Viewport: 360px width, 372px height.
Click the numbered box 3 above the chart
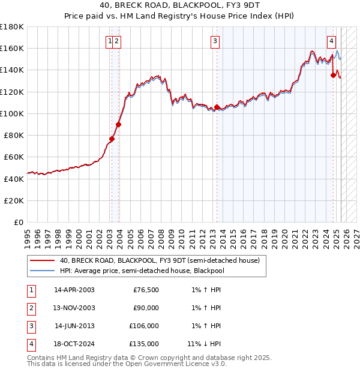(215, 41)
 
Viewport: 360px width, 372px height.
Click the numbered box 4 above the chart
(331, 41)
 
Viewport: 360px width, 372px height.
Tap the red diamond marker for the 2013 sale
(217, 107)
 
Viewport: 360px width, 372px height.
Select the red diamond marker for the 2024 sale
(334, 76)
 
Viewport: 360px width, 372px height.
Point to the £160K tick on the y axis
(13, 48)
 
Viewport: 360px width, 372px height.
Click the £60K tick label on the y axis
(15, 157)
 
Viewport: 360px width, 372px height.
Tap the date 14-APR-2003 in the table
(74, 290)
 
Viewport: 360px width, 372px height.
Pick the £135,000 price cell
(144, 344)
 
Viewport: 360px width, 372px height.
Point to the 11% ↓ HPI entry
(204, 344)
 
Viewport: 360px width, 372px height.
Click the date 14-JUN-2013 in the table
(74, 326)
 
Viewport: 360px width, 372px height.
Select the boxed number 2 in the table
(31, 308)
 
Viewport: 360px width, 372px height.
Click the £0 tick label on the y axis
(19, 222)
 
